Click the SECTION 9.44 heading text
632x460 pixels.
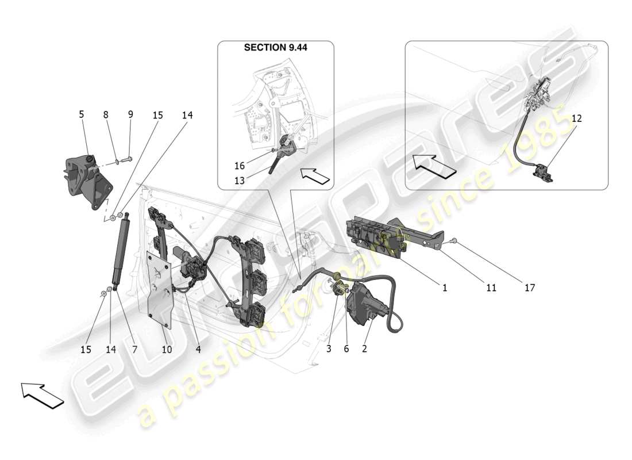[x=276, y=48]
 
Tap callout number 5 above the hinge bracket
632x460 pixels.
[x=81, y=114]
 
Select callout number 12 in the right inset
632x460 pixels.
[x=576, y=118]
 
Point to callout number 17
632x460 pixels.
[x=529, y=287]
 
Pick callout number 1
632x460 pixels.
[x=445, y=287]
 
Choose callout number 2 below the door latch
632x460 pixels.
[x=364, y=348]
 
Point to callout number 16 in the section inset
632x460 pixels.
[x=239, y=166]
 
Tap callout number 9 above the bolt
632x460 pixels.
[x=130, y=114]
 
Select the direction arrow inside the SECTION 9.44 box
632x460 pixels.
[x=315, y=175]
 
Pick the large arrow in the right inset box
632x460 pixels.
[x=435, y=165]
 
